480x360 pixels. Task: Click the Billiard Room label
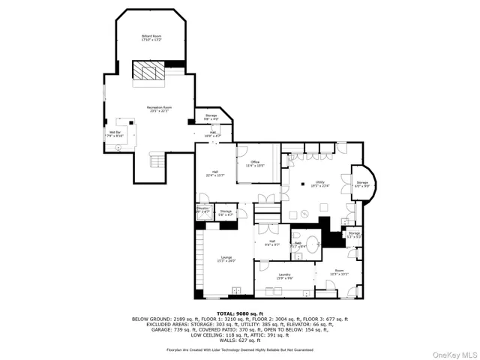click(151, 38)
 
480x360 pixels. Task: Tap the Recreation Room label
click(158, 110)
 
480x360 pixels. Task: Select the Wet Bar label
click(114, 134)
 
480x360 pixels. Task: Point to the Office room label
click(255, 163)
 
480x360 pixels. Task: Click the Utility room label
click(320, 184)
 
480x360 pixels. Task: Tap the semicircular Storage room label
click(362, 184)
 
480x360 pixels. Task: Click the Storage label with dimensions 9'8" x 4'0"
click(211, 117)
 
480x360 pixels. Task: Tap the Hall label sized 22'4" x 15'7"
click(215, 173)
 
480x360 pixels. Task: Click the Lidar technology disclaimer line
click(239, 349)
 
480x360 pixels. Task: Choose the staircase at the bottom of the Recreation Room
click(156, 160)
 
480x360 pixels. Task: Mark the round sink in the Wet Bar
click(117, 148)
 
